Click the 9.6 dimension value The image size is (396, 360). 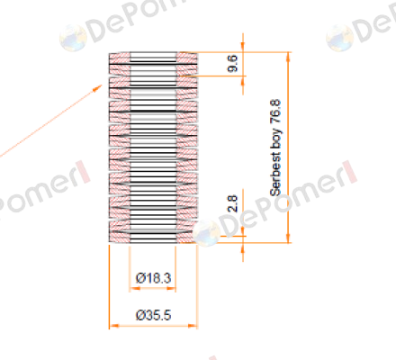(x=233, y=63)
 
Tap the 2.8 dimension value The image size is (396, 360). (x=233, y=203)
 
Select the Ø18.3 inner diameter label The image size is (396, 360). (x=153, y=278)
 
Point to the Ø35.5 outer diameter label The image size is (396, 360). (x=153, y=315)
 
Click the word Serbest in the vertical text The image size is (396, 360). (x=275, y=175)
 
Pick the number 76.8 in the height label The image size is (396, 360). (x=275, y=111)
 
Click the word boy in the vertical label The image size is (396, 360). (x=276, y=139)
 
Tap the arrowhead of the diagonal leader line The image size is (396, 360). (x=98, y=88)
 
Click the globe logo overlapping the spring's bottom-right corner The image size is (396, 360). (x=206, y=233)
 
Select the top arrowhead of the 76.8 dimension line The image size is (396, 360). (x=289, y=57)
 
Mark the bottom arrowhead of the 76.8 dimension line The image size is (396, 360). (x=289, y=238)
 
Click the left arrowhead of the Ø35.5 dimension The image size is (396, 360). (x=114, y=326)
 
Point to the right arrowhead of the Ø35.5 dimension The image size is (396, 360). (x=193, y=326)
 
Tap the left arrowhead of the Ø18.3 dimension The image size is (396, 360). (x=135, y=289)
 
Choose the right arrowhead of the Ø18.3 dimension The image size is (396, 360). (x=171, y=289)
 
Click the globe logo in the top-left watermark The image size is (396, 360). (x=73, y=38)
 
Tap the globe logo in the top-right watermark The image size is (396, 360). (x=339, y=38)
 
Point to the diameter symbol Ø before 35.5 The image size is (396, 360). (x=139, y=315)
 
